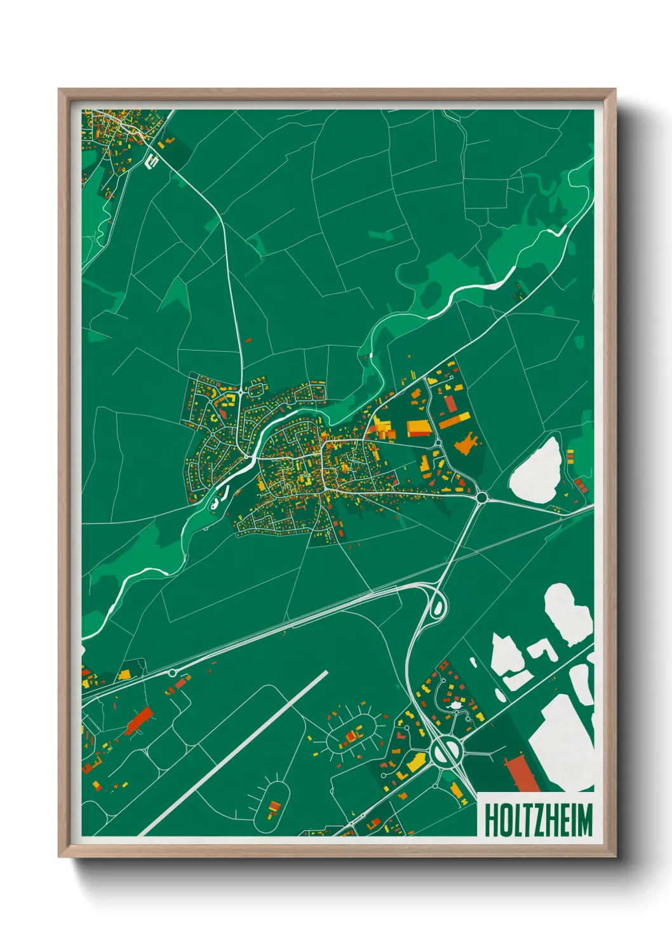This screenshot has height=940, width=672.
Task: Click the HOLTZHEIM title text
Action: coord(537,820)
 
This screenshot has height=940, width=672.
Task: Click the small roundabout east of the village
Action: coord(481,497)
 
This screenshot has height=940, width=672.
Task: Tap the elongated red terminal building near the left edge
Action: coord(139,721)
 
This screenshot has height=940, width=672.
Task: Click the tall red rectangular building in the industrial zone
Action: coord(450,403)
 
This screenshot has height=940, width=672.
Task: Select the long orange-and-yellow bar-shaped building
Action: coord(455,420)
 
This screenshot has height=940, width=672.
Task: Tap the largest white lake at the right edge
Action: coord(562,743)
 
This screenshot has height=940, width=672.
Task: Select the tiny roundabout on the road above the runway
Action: coord(172,673)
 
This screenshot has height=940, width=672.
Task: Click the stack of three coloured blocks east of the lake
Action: coord(579,486)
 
